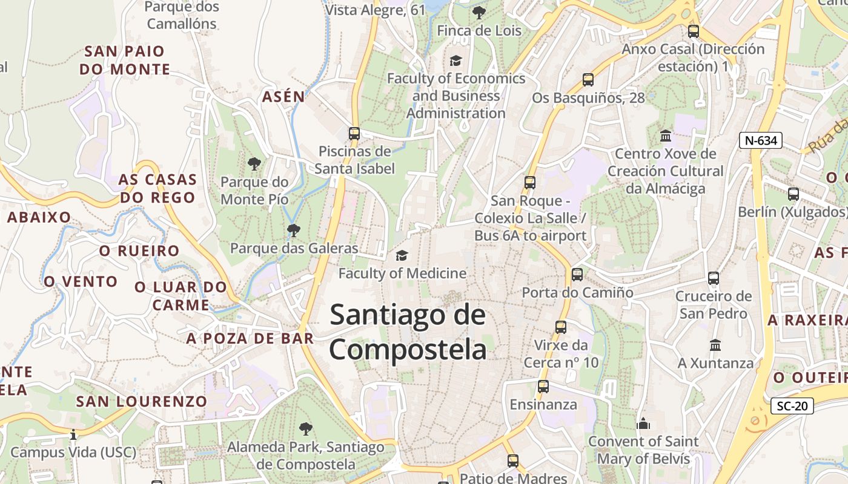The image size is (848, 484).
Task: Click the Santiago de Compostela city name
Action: [x=408, y=332]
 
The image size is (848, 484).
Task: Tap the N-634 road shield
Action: [x=761, y=140]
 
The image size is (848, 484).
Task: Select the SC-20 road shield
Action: [x=792, y=406]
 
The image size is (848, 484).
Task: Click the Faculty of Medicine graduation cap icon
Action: [x=402, y=256]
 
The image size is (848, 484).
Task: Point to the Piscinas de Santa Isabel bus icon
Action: [x=354, y=134]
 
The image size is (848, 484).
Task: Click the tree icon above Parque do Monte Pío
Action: [x=254, y=163]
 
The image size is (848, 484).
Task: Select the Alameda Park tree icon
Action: [x=306, y=429]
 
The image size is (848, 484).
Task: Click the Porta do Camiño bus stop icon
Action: [x=577, y=275]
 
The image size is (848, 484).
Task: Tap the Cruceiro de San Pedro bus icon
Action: [x=714, y=278]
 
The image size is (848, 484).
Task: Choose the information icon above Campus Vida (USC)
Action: [x=73, y=434]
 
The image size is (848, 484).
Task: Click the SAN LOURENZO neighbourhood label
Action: [x=142, y=401]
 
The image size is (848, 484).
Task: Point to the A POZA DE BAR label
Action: [x=250, y=338]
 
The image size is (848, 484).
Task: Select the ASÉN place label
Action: [x=283, y=96]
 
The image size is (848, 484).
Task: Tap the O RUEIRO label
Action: [x=139, y=251]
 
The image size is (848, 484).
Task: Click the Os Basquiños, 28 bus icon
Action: [x=588, y=79]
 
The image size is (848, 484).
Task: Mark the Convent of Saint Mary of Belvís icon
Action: [x=643, y=423]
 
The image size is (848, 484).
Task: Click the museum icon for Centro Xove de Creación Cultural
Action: [x=666, y=136]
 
